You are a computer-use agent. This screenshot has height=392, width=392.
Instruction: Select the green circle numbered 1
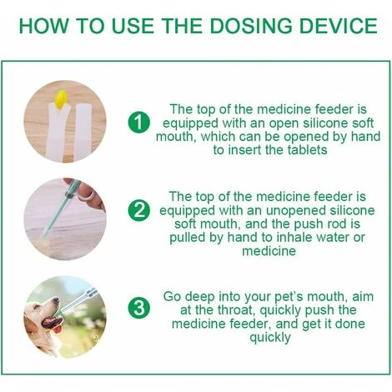[139, 123]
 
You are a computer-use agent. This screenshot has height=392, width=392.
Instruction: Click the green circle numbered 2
[139, 210]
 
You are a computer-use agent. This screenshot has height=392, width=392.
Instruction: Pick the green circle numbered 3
[139, 309]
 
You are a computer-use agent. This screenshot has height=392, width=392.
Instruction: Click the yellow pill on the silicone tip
[61, 99]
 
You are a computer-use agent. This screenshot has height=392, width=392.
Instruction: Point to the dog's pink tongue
[58, 329]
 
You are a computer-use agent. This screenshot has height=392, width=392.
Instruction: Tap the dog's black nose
[56, 299]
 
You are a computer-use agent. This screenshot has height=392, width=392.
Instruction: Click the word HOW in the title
[43, 26]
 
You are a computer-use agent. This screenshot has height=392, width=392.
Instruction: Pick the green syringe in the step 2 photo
[61, 209]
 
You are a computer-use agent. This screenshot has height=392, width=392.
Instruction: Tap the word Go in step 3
[172, 296]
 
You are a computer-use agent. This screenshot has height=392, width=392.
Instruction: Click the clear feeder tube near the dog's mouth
[77, 302]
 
